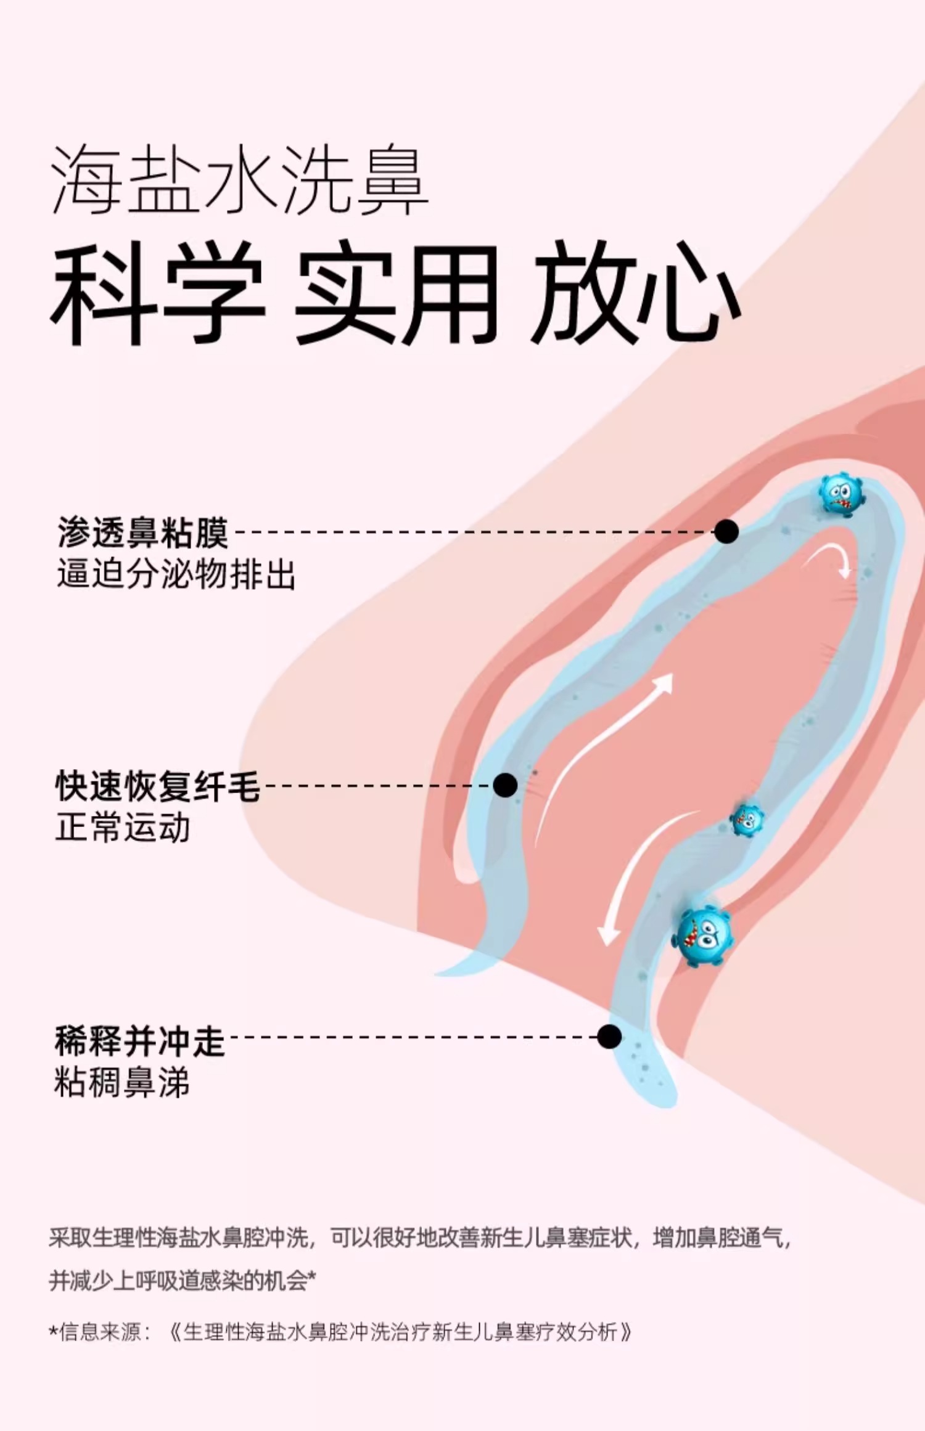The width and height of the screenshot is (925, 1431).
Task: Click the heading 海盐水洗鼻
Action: click(239, 181)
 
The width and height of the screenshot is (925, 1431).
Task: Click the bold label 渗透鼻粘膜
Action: click(143, 532)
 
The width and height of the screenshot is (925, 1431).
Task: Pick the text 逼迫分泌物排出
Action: click(176, 574)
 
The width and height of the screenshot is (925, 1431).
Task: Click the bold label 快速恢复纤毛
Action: click(158, 786)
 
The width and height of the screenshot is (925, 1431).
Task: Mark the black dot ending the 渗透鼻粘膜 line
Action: click(726, 531)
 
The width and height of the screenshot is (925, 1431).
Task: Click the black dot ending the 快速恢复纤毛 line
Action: click(505, 785)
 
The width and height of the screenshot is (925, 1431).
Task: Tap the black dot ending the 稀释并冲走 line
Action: click(609, 1037)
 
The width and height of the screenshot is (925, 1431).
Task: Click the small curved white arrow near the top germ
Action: click(829, 559)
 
